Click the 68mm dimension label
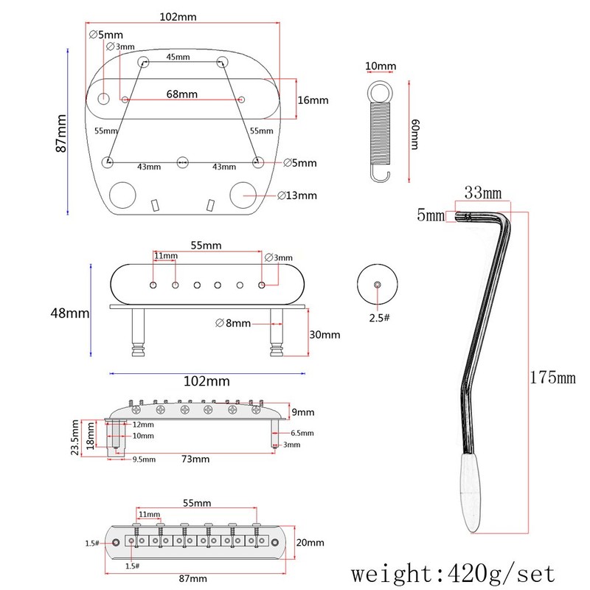pos(181,94)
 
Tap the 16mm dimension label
pos(313,100)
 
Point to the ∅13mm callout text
pos(297,195)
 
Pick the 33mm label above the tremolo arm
pos(482,192)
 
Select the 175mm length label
pos(552,378)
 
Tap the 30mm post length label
pos(324,334)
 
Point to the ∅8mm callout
pos(233,323)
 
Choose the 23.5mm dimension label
pos(75,438)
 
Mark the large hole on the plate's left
pos(123,195)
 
